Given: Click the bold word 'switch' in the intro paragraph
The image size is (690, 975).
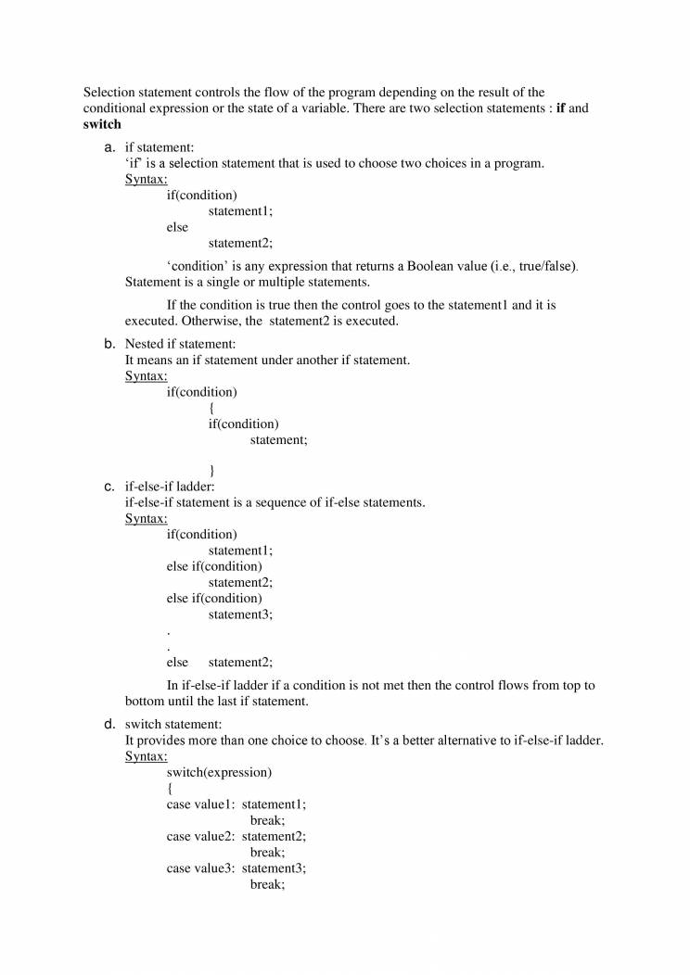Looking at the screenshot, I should click(x=102, y=124).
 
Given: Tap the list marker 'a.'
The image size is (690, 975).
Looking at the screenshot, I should click(x=109, y=147).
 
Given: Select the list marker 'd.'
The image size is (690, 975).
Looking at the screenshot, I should click(x=109, y=724).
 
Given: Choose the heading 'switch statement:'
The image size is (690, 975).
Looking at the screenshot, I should click(x=173, y=724).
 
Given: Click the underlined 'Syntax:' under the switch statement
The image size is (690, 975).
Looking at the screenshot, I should click(x=146, y=756).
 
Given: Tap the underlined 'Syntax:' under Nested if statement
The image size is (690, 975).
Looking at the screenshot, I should click(x=146, y=376).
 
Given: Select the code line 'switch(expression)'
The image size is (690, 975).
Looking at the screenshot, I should click(x=219, y=772).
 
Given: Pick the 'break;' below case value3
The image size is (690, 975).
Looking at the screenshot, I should click(x=267, y=884).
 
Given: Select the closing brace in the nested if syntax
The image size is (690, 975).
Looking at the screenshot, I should click(x=212, y=471).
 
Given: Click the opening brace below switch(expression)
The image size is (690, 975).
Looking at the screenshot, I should click(x=170, y=789).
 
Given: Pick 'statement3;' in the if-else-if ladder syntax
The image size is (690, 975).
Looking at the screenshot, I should click(x=240, y=614).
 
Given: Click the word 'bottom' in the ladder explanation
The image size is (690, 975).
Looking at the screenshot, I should click(x=145, y=702).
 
